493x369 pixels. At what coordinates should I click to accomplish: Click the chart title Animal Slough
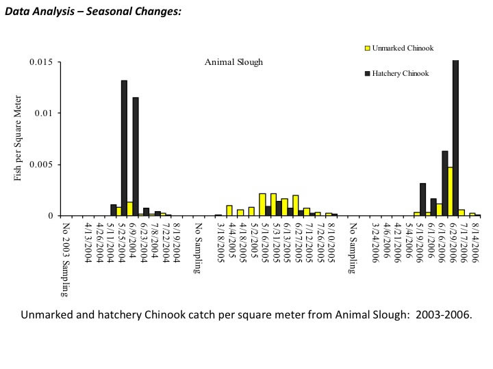coord(233,62)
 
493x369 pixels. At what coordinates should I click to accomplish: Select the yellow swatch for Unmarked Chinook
coord(366,49)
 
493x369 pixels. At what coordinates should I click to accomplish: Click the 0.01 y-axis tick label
coord(46,113)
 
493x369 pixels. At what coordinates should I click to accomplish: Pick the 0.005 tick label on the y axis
coord(43,165)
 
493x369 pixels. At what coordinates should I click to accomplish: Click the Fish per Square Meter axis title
coord(18,140)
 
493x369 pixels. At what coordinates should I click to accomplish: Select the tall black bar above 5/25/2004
coord(124,148)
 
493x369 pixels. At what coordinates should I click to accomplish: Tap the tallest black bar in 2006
coord(455,137)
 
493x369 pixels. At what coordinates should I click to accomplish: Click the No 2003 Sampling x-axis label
coord(66,260)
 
